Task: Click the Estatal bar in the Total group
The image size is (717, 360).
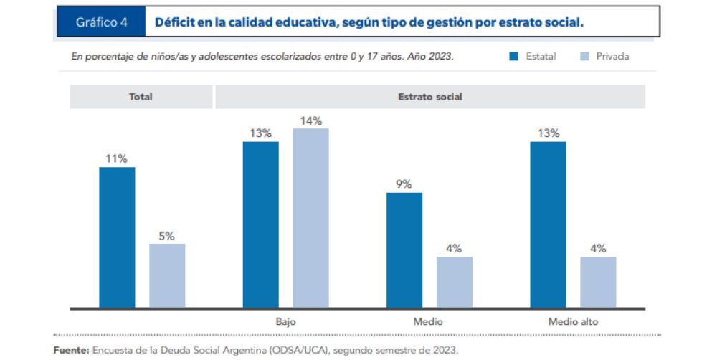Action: point(117,237)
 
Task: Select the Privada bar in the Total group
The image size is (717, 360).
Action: point(167,276)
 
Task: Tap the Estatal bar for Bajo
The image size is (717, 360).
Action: point(260,224)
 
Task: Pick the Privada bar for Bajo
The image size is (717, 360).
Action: point(310,218)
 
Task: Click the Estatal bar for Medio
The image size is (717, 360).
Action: point(404,250)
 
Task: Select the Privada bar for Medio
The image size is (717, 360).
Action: point(455,283)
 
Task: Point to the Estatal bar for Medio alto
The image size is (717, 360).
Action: point(548,224)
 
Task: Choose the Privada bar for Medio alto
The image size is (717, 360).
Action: point(598,283)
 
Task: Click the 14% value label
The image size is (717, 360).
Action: point(310,120)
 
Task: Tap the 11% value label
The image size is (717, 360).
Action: point(117,159)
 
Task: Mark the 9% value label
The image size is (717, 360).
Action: point(404,184)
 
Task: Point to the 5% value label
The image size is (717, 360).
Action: point(167,236)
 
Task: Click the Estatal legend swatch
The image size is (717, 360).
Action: point(513,56)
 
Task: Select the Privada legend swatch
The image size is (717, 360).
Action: point(584,56)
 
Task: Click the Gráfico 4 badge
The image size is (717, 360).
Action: point(101,22)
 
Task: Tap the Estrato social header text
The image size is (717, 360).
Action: point(430,97)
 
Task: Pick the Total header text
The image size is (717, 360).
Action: point(141,97)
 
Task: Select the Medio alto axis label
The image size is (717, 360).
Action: point(573,322)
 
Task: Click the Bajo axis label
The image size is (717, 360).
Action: point(285,322)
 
